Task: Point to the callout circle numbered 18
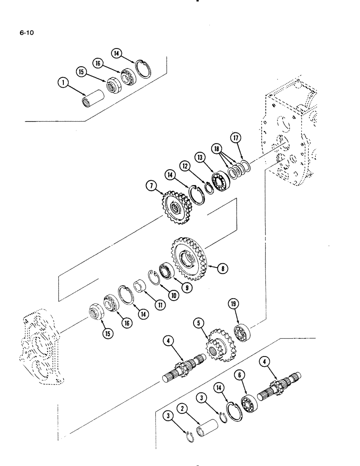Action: pyautogui.click(x=217, y=148)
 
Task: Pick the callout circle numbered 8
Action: pyautogui.click(x=224, y=268)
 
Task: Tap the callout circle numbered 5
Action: pyautogui.click(x=199, y=322)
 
